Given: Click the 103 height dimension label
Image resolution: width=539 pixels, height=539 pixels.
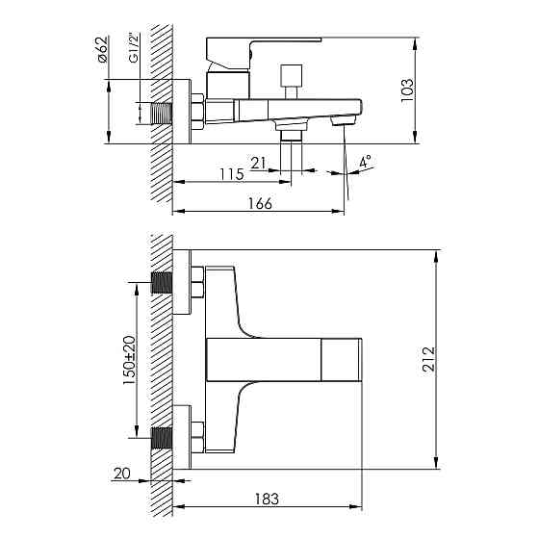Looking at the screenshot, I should pyautogui.click(x=407, y=90).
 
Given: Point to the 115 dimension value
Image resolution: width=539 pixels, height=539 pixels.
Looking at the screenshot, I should pyautogui.click(x=230, y=174).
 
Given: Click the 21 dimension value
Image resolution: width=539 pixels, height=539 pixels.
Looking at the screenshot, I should pyautogui.click(x=257, y=163).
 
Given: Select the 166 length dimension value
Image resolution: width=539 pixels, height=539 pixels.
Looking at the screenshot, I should pyautogui.click(x=259, y=203).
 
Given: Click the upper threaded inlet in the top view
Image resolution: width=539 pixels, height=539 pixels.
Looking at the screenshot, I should pyautogui.click(x=162, y=286).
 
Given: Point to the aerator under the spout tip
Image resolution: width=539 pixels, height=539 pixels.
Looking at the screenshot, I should pyautogui.click(x=339, y=121).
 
